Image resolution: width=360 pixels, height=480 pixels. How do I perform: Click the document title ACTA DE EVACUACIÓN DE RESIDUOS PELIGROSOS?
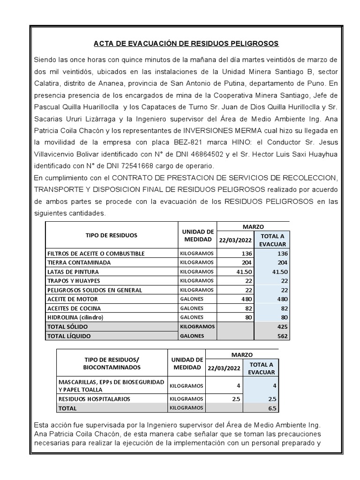pyautogui.click(x=186, y=44)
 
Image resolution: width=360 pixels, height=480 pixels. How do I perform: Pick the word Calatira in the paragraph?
pyautogui.click(x=49, y=84)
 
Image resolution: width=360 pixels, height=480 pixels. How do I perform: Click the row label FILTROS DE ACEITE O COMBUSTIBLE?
pyautogui.click(x=96, y=254)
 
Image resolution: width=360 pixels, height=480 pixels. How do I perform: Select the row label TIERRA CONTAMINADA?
pyautogui.click(x=79, y=262)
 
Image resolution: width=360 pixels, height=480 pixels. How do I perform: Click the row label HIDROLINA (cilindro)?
pyautogui.click(x=75, y=317)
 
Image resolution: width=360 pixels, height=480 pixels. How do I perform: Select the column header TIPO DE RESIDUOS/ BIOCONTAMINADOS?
pyautogui.click(x=112, y=363)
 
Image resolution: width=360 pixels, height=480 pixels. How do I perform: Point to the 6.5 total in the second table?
pyautogui.click(x=271, y=408)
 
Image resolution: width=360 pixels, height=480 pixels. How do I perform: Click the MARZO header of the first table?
pyautogui.click(x=253, y=226)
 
